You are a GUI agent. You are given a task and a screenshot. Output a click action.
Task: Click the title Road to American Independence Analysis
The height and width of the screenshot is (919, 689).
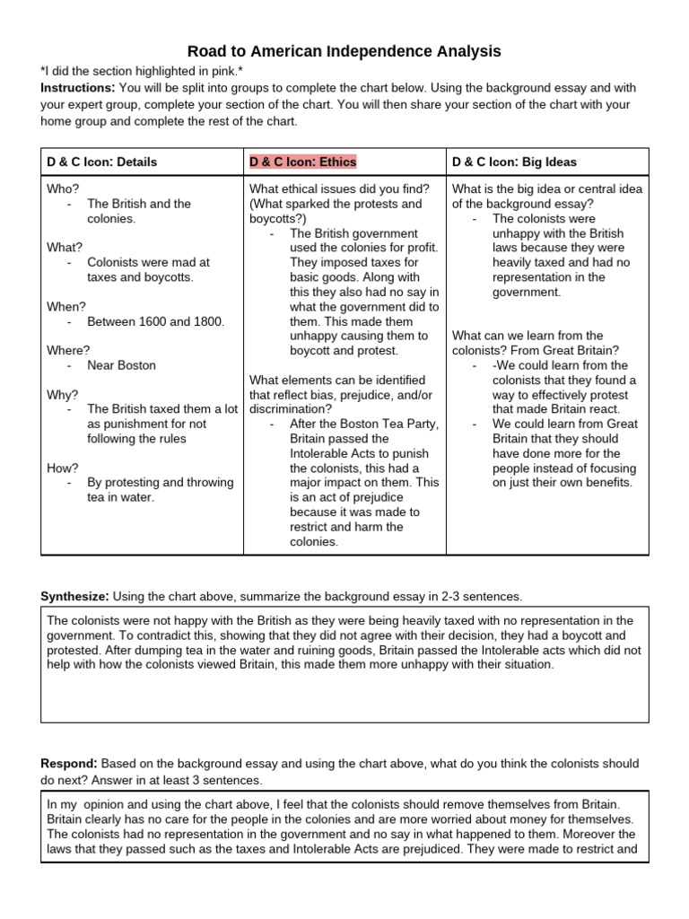[344, 51]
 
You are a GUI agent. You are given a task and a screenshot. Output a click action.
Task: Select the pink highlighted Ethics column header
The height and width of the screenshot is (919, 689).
[302, 162]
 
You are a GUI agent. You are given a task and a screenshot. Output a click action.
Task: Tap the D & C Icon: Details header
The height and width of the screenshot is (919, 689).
[101, 162]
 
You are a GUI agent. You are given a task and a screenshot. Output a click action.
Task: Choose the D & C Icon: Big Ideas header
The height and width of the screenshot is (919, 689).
[514, 162]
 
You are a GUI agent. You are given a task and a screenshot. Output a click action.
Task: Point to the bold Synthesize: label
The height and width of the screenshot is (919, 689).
[74, 596]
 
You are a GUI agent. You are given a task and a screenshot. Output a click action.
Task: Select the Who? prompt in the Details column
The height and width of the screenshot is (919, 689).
[63, 189]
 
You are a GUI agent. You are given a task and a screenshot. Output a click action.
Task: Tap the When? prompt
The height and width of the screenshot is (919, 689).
[65, 306]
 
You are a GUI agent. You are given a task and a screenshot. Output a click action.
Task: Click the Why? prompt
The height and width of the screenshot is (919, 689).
[62, 394]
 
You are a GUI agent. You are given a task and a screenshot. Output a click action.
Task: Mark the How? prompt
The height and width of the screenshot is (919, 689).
[62, 468]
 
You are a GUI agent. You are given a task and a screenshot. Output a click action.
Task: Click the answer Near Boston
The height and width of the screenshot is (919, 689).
[121, 365]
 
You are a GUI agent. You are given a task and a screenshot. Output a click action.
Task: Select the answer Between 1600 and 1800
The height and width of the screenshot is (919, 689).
[155, 321]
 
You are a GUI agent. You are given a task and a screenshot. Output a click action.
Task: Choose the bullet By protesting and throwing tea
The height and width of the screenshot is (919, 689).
[160, 482]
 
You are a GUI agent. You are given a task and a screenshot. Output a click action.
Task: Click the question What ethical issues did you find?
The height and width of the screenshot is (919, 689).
[338, 189]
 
